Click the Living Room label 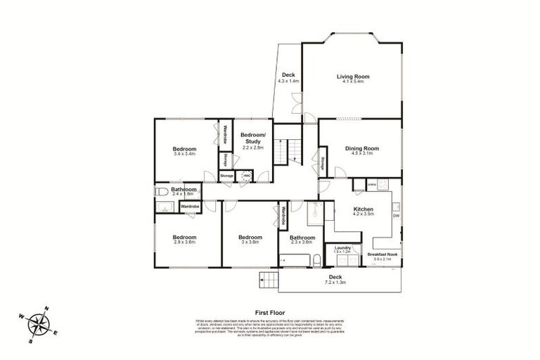[352, 77]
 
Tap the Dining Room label [362, 148]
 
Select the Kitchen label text [364, 210]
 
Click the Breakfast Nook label [383, 255]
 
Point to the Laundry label [343, 247]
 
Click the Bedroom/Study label [252, 138]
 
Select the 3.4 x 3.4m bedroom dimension [184, 154]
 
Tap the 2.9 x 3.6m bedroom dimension [184, 242]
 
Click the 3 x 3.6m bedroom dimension [249, 242]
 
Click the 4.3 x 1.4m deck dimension [288, 81]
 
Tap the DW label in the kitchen [396, 216]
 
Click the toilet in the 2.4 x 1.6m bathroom [160, 191]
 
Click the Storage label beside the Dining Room [322, 164]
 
